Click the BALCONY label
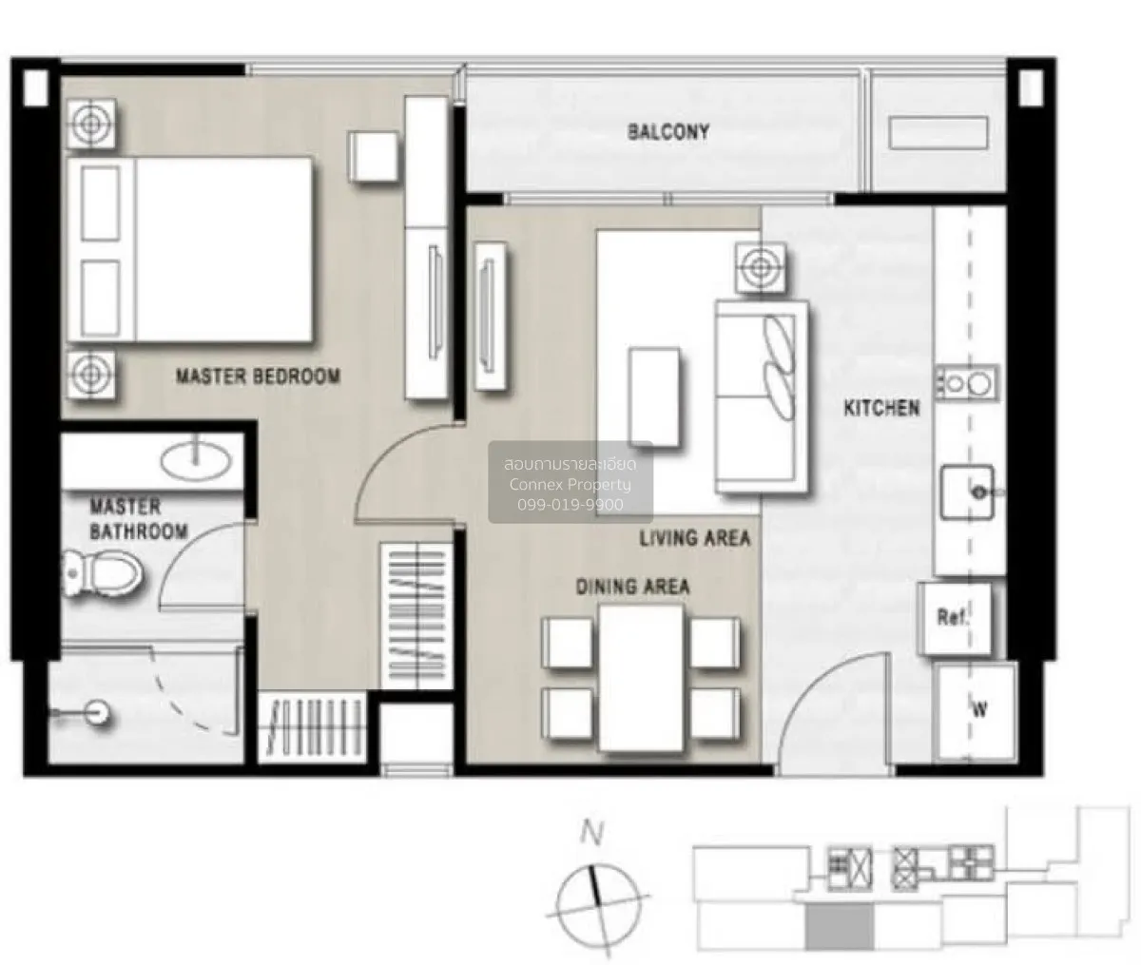[667, 132]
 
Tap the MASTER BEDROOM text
[258, 376]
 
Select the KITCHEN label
[881, 408]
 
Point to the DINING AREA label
[632, 587]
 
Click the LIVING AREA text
[695, 538]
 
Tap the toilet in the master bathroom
[102, 573]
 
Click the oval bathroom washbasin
[196, 459]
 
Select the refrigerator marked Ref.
[955, 619]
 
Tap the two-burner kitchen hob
[967, 382]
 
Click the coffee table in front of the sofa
[654, 396]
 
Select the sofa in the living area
[762, 396]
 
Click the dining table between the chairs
[642, 678]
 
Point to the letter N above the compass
[591, 834]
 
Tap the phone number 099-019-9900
[570, 505]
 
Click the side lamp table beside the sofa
[761, 269]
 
